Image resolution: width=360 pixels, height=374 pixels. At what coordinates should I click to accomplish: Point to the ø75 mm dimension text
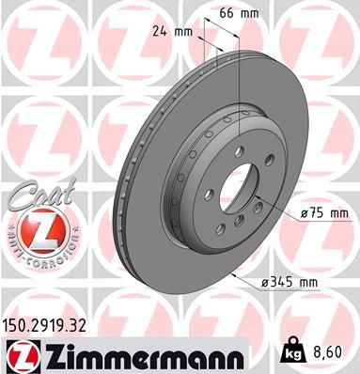[x=323, y=214]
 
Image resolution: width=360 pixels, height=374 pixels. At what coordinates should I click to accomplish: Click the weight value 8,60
[x=328, y=355]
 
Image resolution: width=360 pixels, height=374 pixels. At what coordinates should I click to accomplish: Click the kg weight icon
[x=293, y=353]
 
